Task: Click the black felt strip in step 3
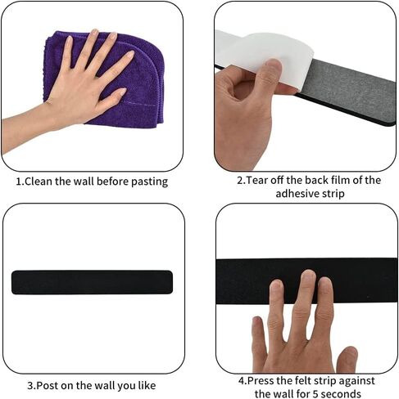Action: [92, 282]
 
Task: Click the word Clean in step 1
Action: [39, 182]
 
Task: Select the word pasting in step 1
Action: [149, 182]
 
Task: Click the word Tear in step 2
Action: [257, 181]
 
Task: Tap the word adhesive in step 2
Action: [296, 194]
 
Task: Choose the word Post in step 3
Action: [48, 386]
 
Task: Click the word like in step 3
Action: [147, 386]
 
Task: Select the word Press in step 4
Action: [261, 381]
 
